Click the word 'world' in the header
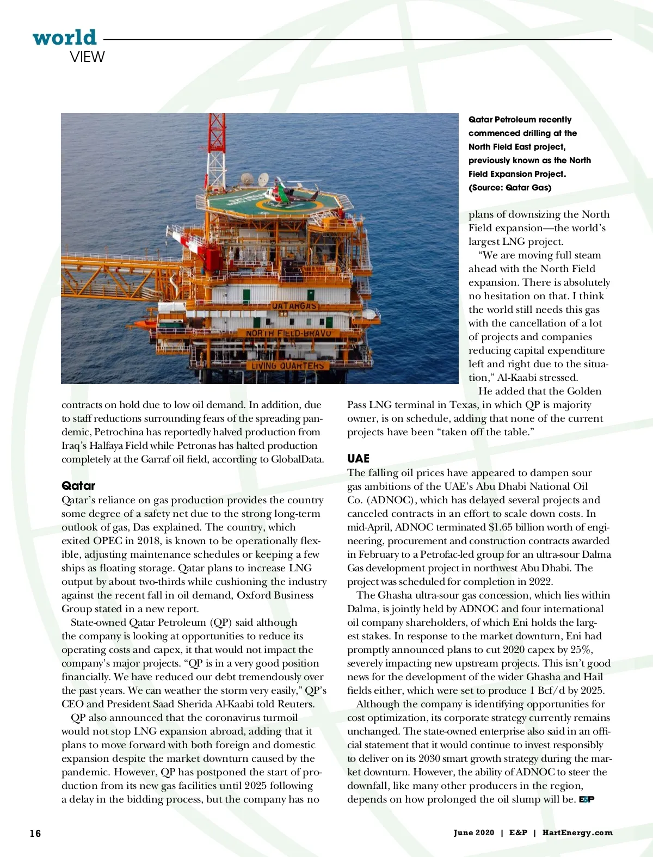coord(64,38)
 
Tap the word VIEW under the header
coord(87,57)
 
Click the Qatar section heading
coord(78,486)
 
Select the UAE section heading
coord(358,459)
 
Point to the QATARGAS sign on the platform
coord(294,306)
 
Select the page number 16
coord(35,833)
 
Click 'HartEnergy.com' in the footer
coord(577,833)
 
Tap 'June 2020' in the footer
coord(474,833)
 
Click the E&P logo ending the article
coord(587,799)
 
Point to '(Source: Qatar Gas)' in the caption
coord(510,188)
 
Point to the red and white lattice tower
coord(217,147)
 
